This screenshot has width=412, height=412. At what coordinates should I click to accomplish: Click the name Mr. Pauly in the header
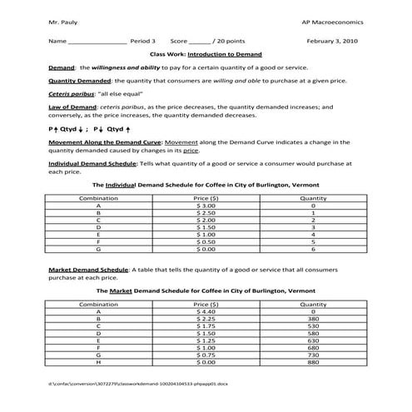tap(62, 19)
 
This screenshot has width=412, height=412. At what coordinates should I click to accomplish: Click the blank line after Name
tap(97, 41)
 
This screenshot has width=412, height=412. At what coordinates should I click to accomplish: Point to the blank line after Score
tap(200, 41)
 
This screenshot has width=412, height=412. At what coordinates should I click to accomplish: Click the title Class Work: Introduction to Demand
tap(206, 53)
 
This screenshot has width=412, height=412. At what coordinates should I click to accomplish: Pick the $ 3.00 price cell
tap(206, 206)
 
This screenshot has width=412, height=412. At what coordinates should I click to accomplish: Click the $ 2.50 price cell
tap(206, 212)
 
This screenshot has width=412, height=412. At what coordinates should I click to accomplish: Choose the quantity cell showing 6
tap(313, 248)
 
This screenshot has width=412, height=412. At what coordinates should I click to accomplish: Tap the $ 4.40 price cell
tap(206, 311)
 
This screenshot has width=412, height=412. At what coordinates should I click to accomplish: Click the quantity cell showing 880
tap(313, 362)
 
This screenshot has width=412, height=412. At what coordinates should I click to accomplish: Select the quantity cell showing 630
tap(313, 340)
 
